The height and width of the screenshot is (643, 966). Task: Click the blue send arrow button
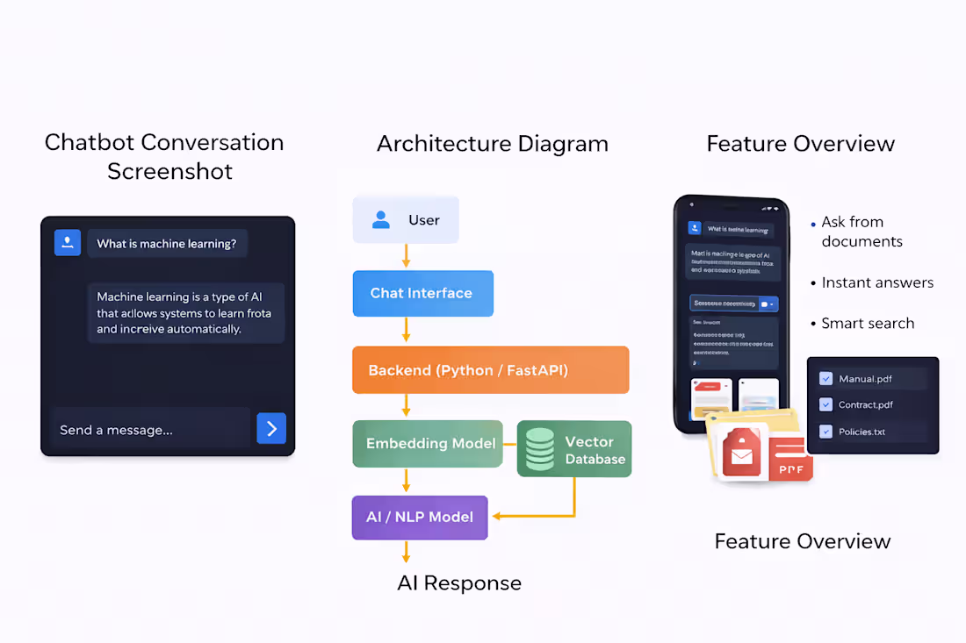[271, 428]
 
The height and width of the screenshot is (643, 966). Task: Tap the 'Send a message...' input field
[150, 429]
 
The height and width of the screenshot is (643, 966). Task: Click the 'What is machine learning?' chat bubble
[167, 243]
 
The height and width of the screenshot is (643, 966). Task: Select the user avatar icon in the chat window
[68, 243]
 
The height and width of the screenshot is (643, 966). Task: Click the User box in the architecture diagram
[405, 220]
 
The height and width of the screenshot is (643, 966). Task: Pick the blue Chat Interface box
[422, 293]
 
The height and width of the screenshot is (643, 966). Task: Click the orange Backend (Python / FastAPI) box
[490, 370]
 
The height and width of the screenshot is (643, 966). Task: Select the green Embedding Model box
[428, 443]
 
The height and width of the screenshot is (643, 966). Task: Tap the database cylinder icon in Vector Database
[539, 448]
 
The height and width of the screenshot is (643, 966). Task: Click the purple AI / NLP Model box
[420, 517]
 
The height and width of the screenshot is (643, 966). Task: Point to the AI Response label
[459, 583]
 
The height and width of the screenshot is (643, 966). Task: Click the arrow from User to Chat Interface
[406, 256]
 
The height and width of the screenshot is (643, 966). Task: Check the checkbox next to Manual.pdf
[825, 379]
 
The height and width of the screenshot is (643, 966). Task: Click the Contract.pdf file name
[866, 405]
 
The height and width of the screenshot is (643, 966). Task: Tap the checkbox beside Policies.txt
[825, 432]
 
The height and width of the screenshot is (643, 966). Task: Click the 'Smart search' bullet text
[868, 324]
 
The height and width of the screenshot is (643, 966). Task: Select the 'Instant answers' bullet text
[877, 282]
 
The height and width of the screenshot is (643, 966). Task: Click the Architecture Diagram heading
[492, 144]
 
